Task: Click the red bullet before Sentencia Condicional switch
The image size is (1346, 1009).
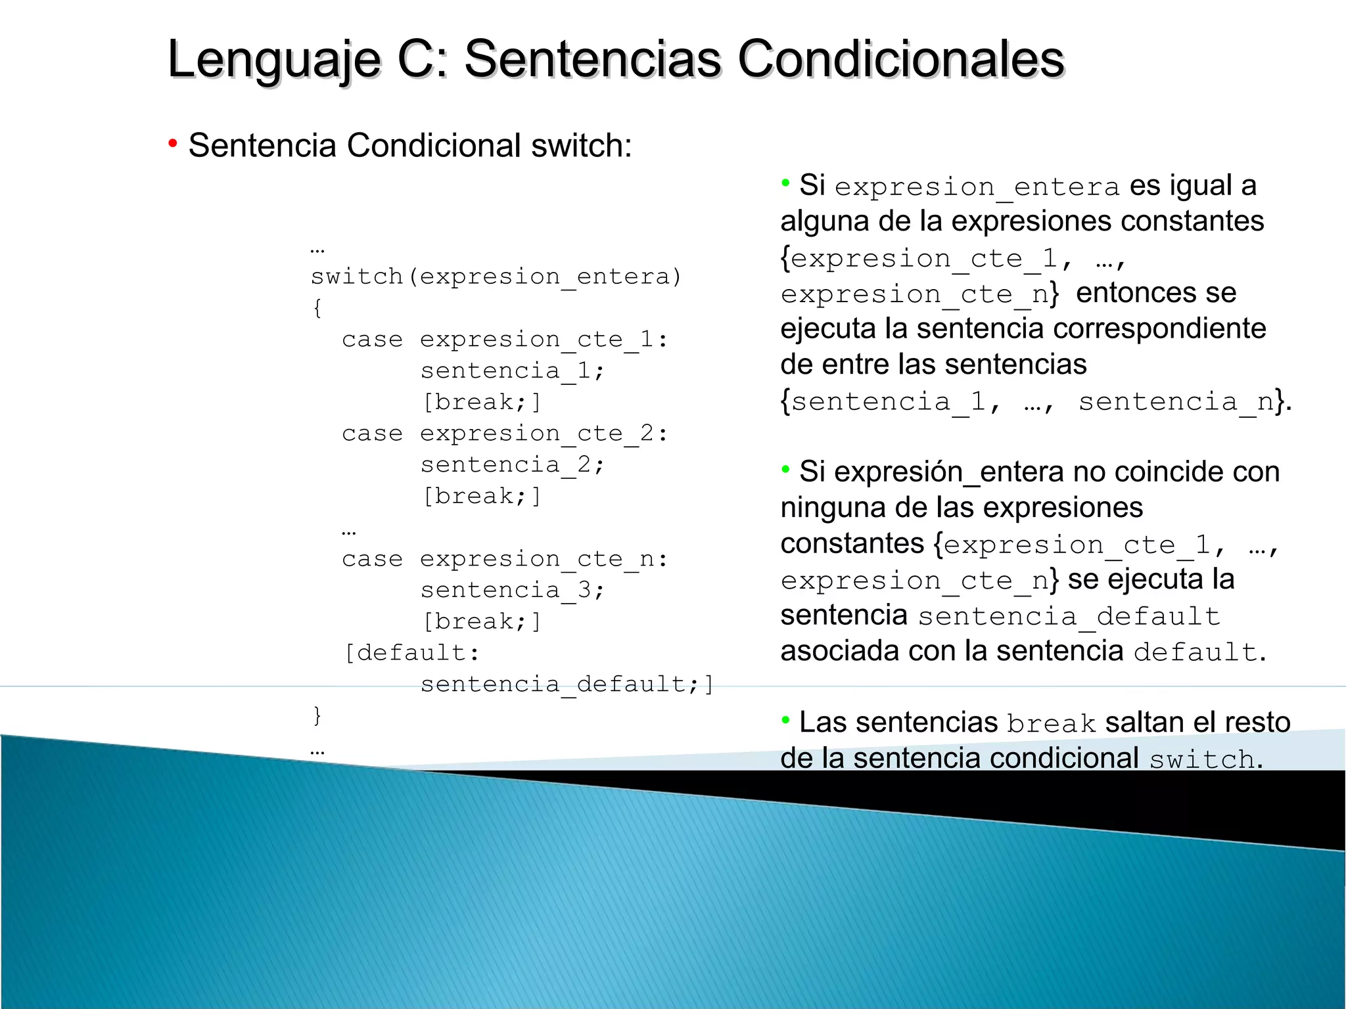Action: coord(173,143)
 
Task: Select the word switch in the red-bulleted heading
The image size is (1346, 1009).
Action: coord(581,146)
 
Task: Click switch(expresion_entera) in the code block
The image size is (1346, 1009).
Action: coord(496,277)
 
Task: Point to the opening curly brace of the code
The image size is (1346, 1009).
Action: coord(317,307)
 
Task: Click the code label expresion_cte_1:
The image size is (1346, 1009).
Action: coord(544,340)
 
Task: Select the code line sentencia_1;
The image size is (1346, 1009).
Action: coord(512,371)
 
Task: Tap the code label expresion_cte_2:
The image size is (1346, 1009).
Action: coord(544,434)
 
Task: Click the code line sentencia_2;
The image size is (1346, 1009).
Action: coord(512,465)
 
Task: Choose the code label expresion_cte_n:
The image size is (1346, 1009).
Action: coord(544,560)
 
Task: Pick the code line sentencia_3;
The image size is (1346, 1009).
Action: coord(512,591)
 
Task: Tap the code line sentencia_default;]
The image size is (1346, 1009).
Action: coord(567,684)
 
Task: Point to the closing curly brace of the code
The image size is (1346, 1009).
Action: coord(317,715)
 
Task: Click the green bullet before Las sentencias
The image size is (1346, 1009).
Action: coord(785,721)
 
